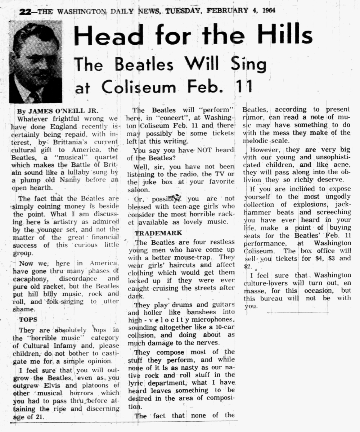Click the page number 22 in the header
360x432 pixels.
click(x=26, y=11)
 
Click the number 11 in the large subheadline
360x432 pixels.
click(x=242, y=87)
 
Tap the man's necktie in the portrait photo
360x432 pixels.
click(x=35, y=96)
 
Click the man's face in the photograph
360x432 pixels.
click(x=36, y=61)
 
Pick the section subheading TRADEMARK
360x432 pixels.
click(x=158, y=233)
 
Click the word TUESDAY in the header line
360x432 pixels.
click(x=184, y=11)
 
